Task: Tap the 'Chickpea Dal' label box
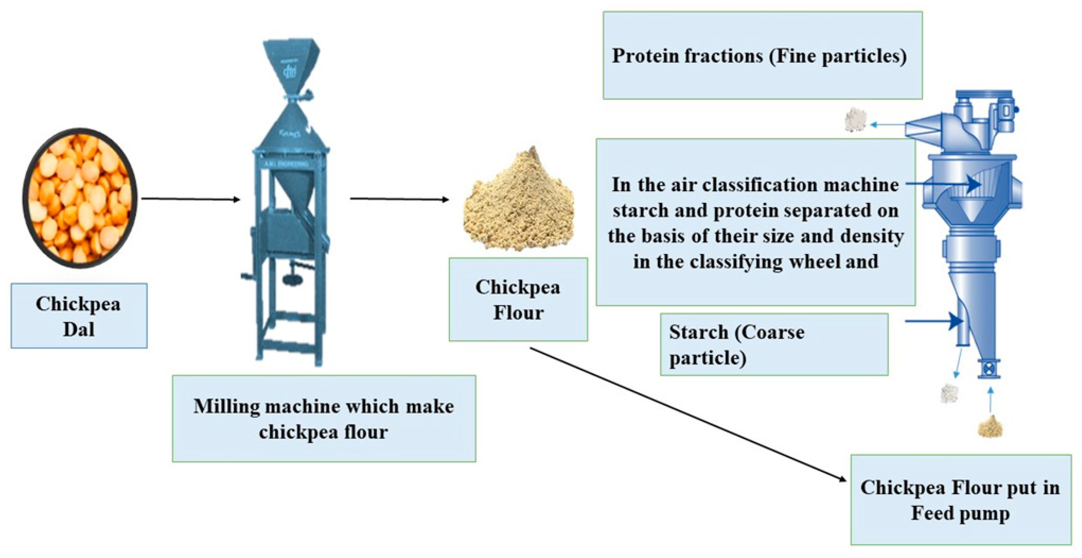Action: click(x=79, y=316)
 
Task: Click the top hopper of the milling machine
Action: click(x=291, y=63)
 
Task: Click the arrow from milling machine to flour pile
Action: click(x=399, y=199)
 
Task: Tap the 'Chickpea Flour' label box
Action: click(x=518, y=299)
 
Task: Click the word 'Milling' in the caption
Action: click(x=226, y=406)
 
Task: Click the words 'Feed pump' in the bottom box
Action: click(x=960, y=513)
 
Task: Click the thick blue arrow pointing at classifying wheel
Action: click(x=943, y=184)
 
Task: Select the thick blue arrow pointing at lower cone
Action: click(x=934, y=321)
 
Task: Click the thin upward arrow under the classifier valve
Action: click(x=991, y=399)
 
